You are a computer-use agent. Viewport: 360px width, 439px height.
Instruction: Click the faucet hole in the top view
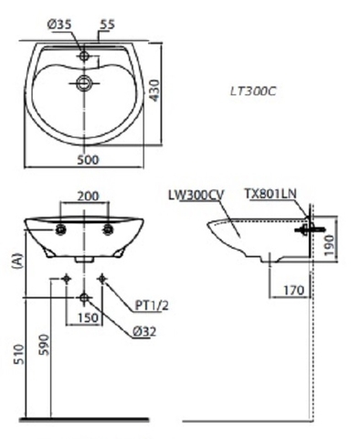coord(85,57)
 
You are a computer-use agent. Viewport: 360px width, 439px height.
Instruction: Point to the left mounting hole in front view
coord(62,229)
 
